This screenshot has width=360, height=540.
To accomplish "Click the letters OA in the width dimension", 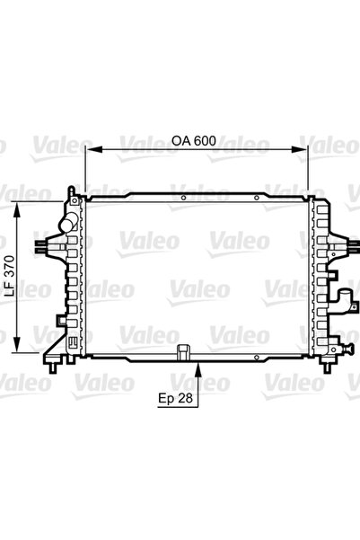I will (180, 141).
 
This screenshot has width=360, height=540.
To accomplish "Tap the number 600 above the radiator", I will (204, 141).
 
